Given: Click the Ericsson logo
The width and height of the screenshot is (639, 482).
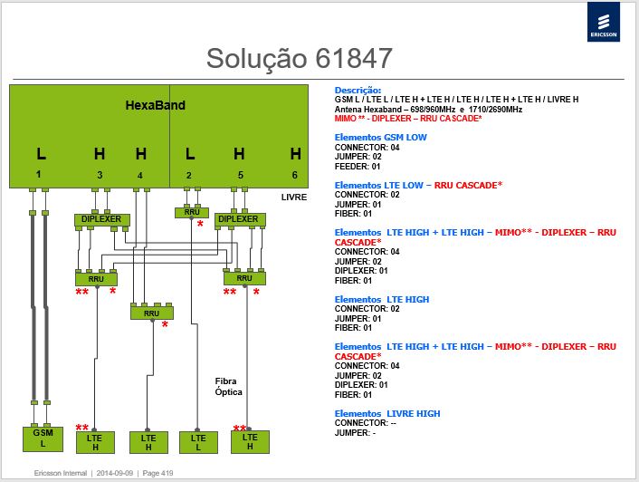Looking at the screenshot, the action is (603, 22).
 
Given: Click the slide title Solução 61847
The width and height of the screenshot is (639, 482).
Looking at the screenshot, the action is (299, 58).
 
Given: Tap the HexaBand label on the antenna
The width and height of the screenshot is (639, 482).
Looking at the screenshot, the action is (156, 105).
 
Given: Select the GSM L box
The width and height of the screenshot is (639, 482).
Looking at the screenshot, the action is (43, 439).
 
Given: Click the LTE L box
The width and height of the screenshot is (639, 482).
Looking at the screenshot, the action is (198, 442).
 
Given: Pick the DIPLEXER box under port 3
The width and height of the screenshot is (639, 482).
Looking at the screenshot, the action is (102, 219).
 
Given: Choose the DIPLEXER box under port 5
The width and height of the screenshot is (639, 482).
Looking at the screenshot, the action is (240, 219).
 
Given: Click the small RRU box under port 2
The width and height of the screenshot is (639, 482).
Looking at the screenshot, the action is (192, 212).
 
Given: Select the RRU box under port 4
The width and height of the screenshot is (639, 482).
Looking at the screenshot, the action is (151, 313).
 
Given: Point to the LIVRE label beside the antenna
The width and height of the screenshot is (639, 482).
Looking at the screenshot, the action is (294, 198).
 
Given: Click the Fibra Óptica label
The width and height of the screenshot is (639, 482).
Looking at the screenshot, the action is (229, 386).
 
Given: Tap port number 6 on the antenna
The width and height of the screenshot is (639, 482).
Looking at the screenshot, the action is (295, 175).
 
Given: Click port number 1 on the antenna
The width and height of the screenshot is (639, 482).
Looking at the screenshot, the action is (38, 174).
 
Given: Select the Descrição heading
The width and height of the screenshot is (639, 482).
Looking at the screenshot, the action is (358, 90).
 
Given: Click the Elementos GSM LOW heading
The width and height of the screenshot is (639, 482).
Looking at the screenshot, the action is (381, 138).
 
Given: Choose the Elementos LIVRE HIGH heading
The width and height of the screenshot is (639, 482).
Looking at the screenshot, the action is (387, 413).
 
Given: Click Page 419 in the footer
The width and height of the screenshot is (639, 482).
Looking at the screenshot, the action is (157, 473).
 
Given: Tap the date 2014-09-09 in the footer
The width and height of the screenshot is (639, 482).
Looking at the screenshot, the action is (115, 473).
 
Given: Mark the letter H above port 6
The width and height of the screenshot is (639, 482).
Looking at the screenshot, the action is (295, 154).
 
